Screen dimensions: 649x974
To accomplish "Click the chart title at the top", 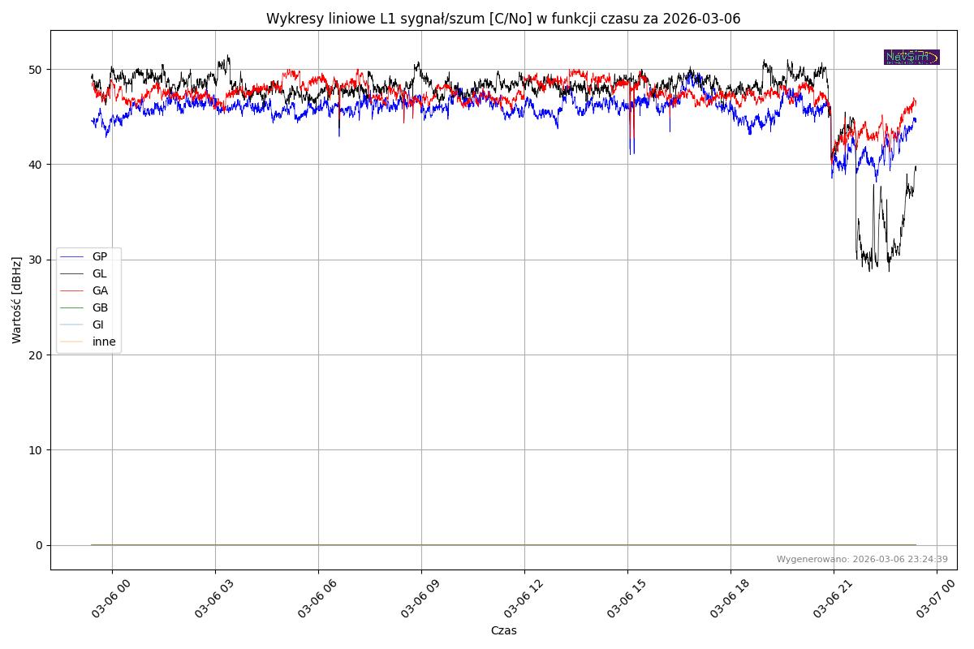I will point(503,19).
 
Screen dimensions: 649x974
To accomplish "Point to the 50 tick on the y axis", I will point(37,70).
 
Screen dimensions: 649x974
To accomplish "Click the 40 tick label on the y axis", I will point(37,165).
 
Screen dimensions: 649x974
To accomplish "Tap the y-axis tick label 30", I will point(37,260).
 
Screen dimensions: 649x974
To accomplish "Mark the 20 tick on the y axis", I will point(37,355).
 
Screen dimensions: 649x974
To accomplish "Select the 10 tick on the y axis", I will point(37,450).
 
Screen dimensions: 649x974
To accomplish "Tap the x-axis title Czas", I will point(503,630).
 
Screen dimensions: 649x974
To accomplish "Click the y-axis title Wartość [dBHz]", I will point(17,300).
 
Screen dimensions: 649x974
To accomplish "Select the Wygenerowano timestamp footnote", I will point(862,559).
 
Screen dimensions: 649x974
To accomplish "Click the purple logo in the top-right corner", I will point(912,57).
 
